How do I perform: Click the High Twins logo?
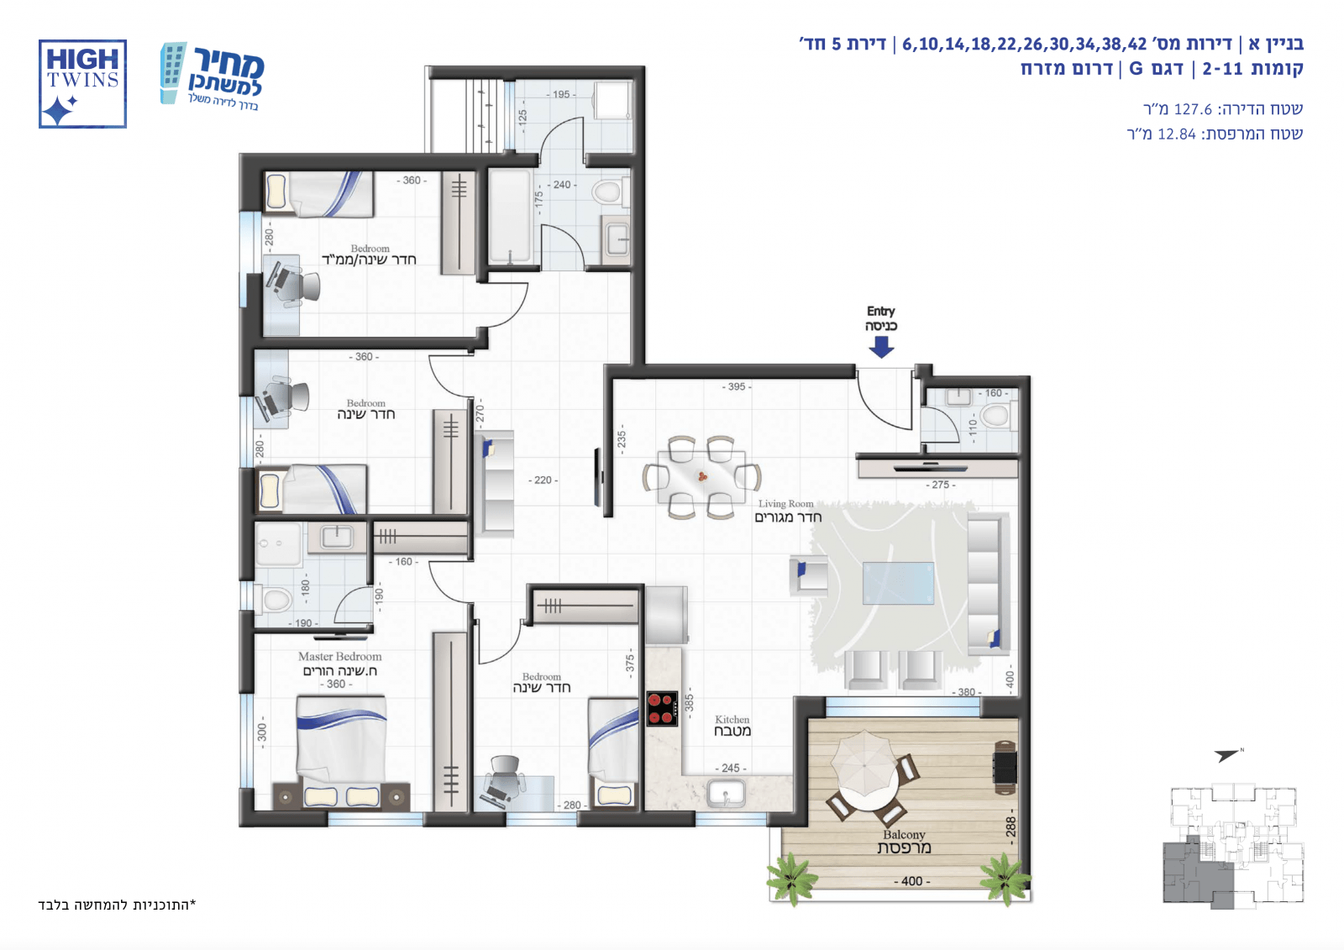click(83, 84)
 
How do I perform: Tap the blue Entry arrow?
click(881, 347)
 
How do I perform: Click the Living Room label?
click(786, 511)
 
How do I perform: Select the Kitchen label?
click(732, 725)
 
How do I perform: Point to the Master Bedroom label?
click(339, 663)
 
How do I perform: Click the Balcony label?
click(904, 842)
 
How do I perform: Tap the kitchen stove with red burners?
click(663, 709)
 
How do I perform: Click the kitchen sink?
click(726, 794)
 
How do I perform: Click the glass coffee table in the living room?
click(898, 583)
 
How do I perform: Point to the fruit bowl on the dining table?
click(702, 477)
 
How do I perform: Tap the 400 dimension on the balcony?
click(912, 881)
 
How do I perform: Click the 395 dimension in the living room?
click(736, 387)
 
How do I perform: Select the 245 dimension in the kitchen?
click(730, 769)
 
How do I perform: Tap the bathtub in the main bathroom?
click(510, 217)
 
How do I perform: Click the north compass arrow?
click(1227, 755)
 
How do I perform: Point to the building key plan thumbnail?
click(1233, 846)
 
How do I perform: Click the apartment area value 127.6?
click(1193, 109)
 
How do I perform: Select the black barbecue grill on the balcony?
click(1005, 768)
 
